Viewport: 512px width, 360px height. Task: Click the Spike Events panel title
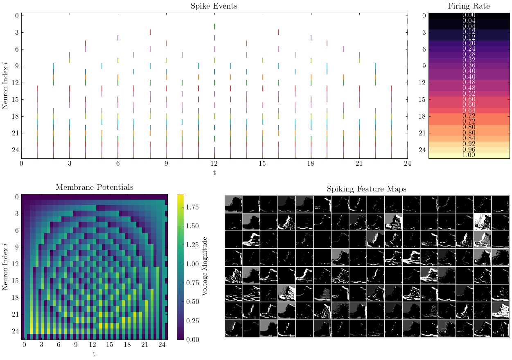(x=214, y=6)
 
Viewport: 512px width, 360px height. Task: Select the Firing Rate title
(x=469, y=6)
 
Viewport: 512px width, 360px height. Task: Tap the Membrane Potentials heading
(x=95, y=187)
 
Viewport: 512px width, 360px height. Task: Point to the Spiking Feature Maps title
(x=366, y=189)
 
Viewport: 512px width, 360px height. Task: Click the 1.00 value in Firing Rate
(x=469, y=155)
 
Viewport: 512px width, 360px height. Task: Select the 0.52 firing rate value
(x=469, y=94)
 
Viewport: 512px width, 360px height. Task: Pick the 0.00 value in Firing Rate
(x=469, y=15)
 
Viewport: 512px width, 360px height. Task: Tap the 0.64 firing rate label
(x=469, y=110)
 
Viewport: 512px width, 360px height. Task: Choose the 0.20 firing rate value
(x=469, y=43)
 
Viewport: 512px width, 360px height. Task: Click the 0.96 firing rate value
(x=469, y=150)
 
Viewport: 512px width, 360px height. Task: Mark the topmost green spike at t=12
(x=214, y=27)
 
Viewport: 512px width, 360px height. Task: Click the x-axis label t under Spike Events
(x=214, y=172)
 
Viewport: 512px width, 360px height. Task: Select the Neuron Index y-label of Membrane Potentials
(x=5, y=266)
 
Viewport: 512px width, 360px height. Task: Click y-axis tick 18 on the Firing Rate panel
(x=424, y=116)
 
